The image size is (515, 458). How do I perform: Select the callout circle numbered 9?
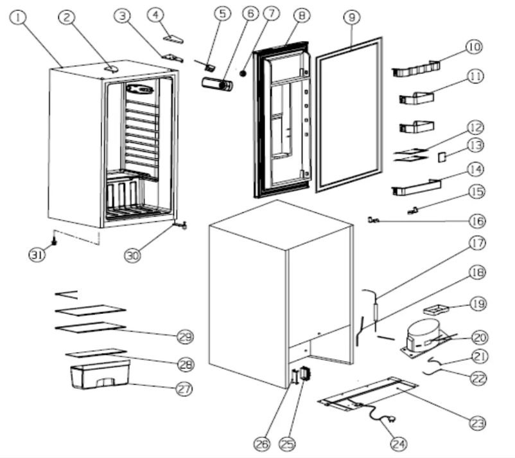coord(351,18)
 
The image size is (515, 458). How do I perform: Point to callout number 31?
coord(37,255)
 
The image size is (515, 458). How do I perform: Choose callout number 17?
coord(476,244)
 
